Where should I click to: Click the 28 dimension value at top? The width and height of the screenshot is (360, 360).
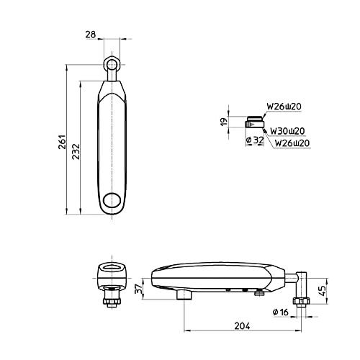[x=91, y=35]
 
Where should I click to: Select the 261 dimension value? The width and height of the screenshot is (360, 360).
[x=62, y=142]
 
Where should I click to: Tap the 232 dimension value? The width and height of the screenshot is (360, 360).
[x=76, y=151]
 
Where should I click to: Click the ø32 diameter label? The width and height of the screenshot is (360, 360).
[x=255, y=140]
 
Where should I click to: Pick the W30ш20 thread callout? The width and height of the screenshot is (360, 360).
[x=287, y=131]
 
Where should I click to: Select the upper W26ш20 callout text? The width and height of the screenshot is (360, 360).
[x=284, y=107]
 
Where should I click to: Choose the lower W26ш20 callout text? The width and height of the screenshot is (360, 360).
[x=292, y=143]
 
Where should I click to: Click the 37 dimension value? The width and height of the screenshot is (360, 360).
[x=138, y=289]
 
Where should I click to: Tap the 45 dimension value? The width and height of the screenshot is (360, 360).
[x=323, y=291]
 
